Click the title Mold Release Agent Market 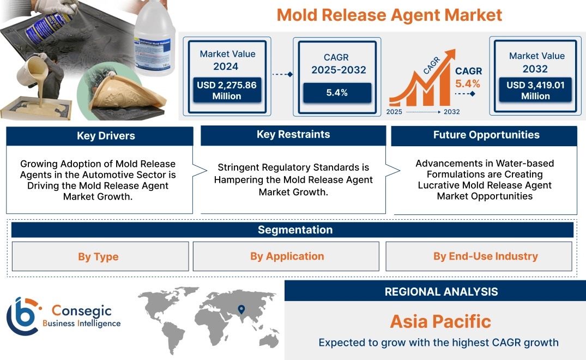389,15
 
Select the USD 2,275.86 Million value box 227,91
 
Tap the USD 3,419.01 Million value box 535,91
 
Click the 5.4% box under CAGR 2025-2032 337,93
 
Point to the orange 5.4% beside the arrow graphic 468,84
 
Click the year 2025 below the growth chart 395,112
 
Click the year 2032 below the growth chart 451,112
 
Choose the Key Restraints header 293,135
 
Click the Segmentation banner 295,230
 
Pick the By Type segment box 98,257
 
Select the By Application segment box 287,256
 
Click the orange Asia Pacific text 440,321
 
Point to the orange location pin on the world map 240,310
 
